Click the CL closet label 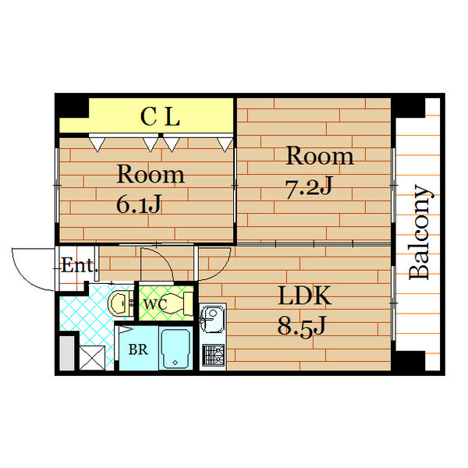[160, 116]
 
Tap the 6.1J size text [139, 204]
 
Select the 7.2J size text [309, 187]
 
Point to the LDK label [304, 296]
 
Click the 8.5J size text [301, 327]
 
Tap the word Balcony [420, 232]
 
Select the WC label [155, 304]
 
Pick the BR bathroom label [138, 349]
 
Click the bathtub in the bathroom [175, 349]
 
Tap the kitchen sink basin [212, 318]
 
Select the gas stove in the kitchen [214, 355]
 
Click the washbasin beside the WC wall [121, 303]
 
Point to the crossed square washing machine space [92, 358]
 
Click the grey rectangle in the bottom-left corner [67, 353]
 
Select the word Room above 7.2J [320, 156]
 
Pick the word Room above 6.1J [151, 174]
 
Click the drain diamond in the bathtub [175, 363]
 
